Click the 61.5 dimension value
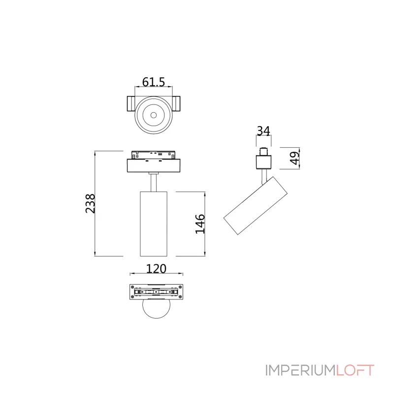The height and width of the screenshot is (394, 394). (x=154, y=82)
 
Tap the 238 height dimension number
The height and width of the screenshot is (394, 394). (x=91, y=203)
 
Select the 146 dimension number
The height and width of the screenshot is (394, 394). (x=200, y=224)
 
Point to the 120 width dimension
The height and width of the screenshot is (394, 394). (x=156, y=268)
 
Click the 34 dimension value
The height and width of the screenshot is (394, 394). (x=263, y=131)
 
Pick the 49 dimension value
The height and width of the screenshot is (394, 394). (x=295, y=158)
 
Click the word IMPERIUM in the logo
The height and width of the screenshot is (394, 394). (x=300, y=370)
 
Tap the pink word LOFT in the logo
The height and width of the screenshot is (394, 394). (x=355, y=370)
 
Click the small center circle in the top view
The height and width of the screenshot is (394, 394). (x=154, y=115)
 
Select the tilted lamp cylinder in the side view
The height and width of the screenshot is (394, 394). (x=255, y=205)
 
